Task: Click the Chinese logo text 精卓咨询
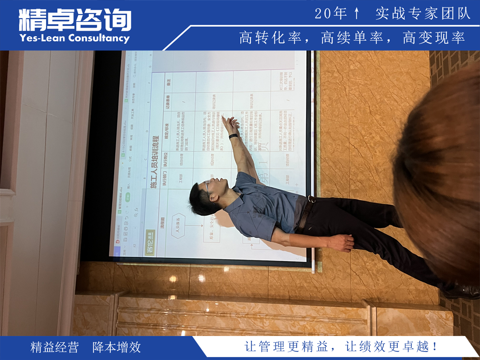click(x=75, y=20)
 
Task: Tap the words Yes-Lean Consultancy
click(x=74, y=38)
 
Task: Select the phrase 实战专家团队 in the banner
click(x=423, y=14)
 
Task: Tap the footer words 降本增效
click(x=117, y=347)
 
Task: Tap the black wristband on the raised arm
click(x=234, y=136)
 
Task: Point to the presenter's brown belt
click(x=304, y=214)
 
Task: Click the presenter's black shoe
click(x=460, y=291)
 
